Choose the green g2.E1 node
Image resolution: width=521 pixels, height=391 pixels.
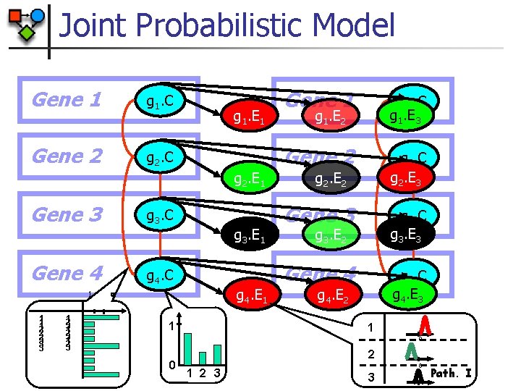click(x=248, y=177)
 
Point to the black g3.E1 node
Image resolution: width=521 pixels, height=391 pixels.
click(x=248, y=235)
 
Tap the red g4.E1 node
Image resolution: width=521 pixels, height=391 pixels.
click(x=248, y=295)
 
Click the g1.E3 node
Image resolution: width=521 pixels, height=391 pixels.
click(x=410, y=115)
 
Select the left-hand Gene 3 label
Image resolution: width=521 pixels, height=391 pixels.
click(x=67, y=215)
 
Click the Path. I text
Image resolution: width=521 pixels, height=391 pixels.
click(x=452, y=374)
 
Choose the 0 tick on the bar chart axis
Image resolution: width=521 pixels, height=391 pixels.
click(x=171, y=364)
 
